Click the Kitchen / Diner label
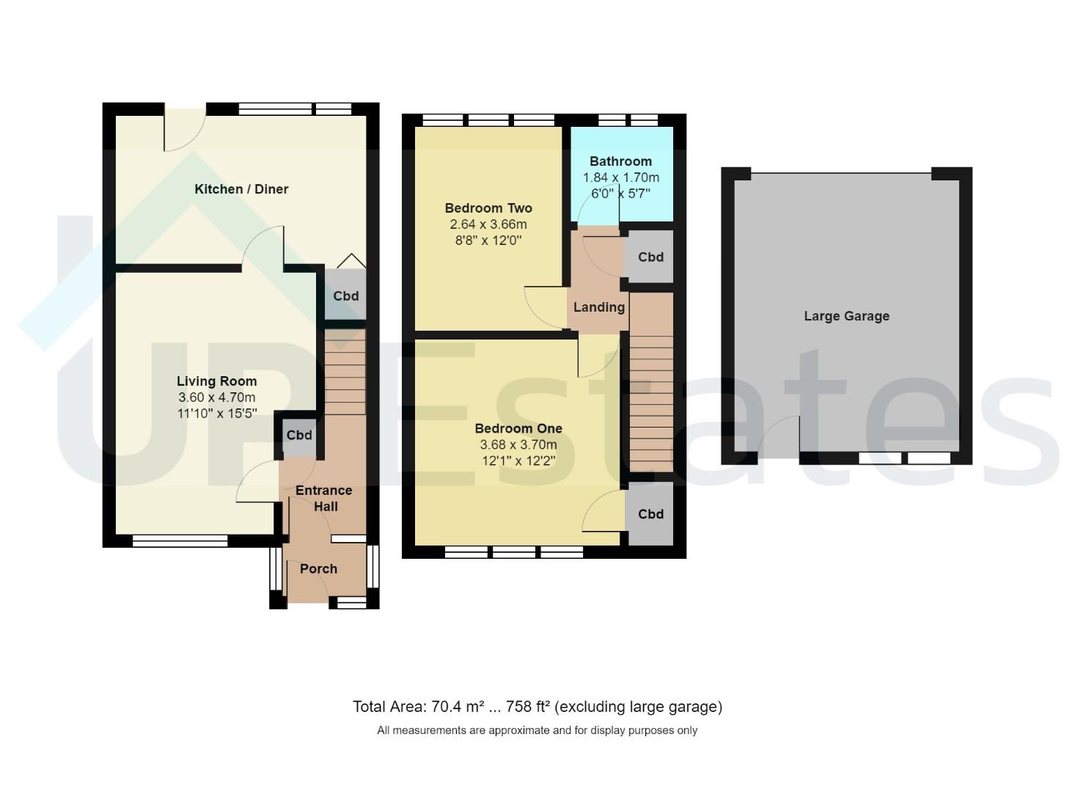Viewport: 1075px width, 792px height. tap(241, 189)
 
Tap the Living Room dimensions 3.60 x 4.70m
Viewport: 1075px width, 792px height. tap(217, 397)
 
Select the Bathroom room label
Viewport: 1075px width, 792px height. tap(620, 161)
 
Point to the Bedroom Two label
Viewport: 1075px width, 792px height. tap(488, 208)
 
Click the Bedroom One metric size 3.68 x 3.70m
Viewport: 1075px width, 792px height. tap(518, 445)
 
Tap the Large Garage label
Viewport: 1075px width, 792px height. tap(846, 316)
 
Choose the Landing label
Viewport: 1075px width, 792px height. tap(599, 307)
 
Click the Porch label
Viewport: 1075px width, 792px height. tap(319, 569)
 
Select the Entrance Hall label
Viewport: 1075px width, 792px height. tap(324, 498)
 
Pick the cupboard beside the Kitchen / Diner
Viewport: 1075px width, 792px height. tap(345, 294)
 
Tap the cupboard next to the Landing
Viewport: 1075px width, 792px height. tap(650, 257)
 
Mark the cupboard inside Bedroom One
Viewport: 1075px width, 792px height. tap(650, 514)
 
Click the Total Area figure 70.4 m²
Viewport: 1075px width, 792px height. tap(451, 706)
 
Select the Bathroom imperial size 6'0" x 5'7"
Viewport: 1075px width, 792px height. tap(620, 194)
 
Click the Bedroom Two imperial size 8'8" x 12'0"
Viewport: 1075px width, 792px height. tap(488, 240)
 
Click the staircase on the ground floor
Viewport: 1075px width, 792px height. tap(345, 372)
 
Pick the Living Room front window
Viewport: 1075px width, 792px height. tap(180, 541)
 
